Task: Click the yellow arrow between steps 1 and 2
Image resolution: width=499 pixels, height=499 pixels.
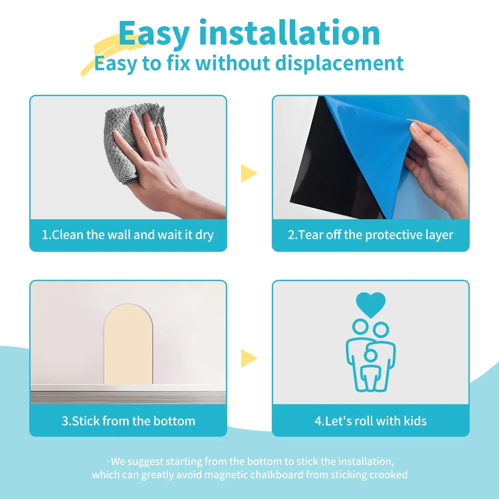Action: point(249,173)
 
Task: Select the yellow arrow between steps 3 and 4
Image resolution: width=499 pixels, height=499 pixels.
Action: point(249,358)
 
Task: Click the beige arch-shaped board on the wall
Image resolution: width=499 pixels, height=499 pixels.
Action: point(128,344)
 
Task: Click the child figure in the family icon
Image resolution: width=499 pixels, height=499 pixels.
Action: point(370,369)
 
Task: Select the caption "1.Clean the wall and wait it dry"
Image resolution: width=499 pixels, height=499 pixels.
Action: point(128,235)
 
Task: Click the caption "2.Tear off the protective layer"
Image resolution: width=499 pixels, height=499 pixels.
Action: point(371,235)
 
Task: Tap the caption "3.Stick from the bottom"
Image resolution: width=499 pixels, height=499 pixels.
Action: point(128,421)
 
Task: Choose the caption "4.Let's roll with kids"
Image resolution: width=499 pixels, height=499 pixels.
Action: point(371,421)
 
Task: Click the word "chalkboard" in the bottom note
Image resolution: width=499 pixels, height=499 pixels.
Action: point(276,474)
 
